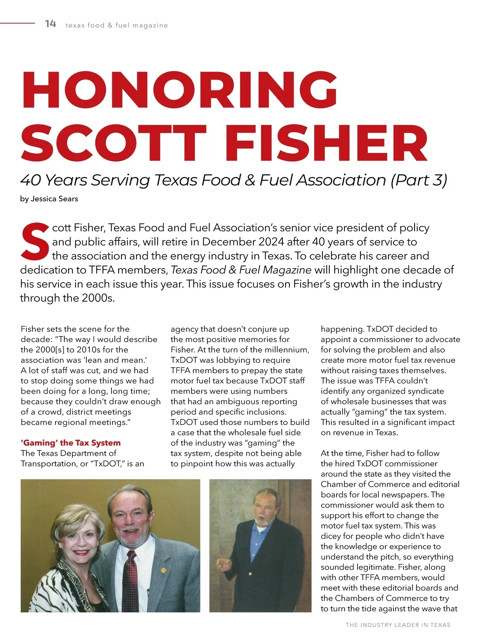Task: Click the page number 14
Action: click(x=50, y=24)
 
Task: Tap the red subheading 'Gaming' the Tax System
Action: click(x=71, y=443)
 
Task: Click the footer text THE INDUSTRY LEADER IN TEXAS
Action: click(x=398, y=625)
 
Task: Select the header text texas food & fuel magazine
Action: click(x=117, y=25)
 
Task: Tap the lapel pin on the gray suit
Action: click(x=163, y=570)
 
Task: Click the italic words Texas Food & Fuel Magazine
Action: click(x=241, y=270)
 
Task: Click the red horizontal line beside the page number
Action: click(x=17, y=23)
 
